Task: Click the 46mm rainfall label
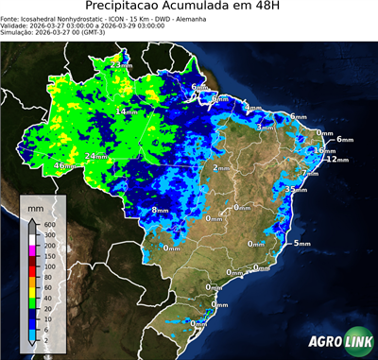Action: coord(63,165)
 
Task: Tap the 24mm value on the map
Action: coord(95,156)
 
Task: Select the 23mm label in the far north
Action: coord(120,63)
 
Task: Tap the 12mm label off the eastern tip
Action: coord(335,160)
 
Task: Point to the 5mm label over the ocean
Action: coord(302,244)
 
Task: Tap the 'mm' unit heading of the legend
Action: coord(35,207)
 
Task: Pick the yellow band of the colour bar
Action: coord(34,289)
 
